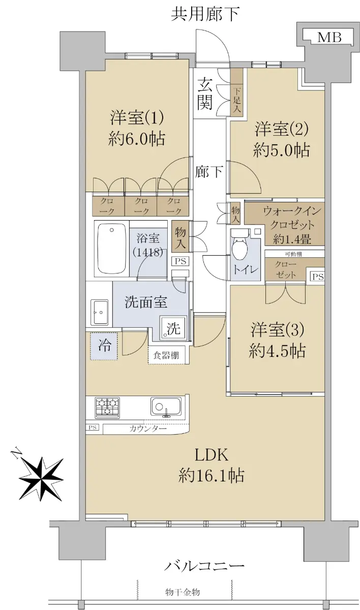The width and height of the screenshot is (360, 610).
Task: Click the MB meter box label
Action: click(x=329, y=37)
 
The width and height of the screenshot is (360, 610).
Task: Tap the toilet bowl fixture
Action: click(x=239, y=241)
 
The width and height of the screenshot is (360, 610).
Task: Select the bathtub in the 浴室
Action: click(x=112, y=249)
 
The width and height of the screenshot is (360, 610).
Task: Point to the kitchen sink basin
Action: click(x=166, y=407)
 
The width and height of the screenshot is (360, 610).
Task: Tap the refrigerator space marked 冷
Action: click(x=104, y=346)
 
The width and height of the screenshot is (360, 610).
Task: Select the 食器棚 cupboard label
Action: click(x=166, y=355)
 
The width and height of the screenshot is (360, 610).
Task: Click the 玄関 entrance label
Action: click(x=205, y=93)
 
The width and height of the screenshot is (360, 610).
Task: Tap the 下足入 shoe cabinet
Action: click(x=236, y=93)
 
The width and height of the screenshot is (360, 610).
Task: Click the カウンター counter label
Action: click(x=148, y=429)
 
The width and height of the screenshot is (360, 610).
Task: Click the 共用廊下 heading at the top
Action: click(x=205, y=14)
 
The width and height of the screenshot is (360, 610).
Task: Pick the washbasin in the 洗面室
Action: click(x=99, y=312)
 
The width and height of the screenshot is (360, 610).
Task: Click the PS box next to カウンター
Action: click(x=93, y=428)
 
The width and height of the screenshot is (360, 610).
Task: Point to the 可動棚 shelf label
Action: click(x=293, y=254)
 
